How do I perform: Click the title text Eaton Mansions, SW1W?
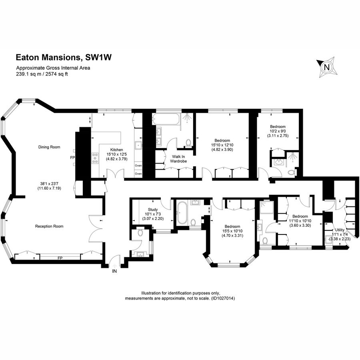[63, 58]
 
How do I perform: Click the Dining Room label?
[49, 147]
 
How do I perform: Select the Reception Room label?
[50, 226]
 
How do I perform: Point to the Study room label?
[152, 209]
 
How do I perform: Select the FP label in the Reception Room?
[60, 258]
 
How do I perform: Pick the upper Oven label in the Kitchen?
[138, 166]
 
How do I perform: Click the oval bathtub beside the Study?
[182, 212]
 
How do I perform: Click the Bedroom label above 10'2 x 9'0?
[278, 126]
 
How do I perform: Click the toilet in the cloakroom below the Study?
[140, 232]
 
